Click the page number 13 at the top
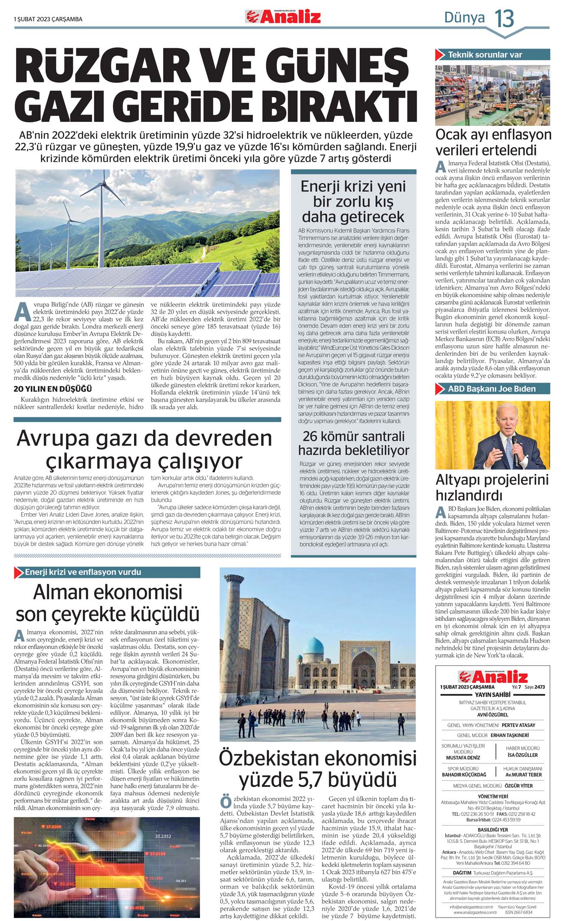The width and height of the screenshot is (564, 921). [x=504, y=19]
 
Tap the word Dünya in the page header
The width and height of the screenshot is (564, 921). [x=464, y=18]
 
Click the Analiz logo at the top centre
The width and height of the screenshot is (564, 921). [x=283, y=17]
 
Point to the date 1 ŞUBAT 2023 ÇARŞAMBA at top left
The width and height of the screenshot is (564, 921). [x=48, y=19]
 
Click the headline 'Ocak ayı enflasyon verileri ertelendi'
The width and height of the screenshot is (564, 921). [x=493, y=142]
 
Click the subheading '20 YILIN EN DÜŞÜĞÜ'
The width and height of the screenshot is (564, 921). [x=53, y=388]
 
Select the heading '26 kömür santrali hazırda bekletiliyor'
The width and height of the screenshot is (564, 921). [x=354, y=443]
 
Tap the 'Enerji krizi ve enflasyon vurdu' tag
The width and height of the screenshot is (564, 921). [x=83, y=572]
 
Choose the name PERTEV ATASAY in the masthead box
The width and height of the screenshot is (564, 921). [x=518, y=725]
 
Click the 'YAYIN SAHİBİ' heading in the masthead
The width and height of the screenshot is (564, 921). [x=492, y=695]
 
